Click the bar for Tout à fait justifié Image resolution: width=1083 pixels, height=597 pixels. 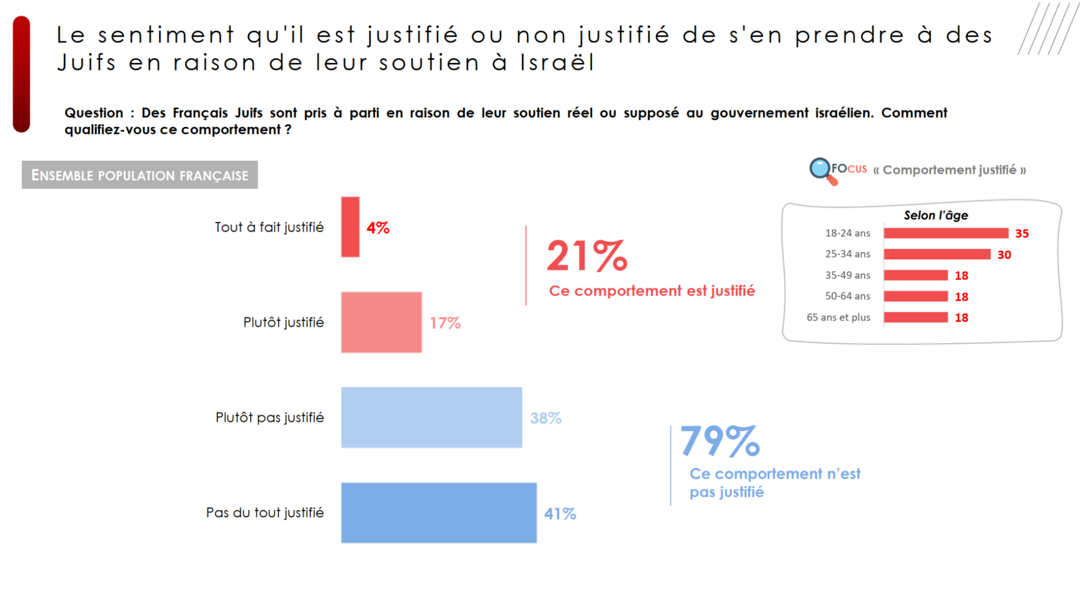coord(350,227)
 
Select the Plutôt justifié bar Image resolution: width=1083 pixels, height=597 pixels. coord(381,322)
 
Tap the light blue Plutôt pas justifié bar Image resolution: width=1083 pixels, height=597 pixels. coord(431,417)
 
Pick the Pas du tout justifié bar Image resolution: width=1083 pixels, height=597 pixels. coord(439,513)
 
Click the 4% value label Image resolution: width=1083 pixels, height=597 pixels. coord(378,228)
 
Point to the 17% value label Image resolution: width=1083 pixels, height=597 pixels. coord(445,323)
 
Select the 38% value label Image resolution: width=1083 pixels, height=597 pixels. coord(545,418)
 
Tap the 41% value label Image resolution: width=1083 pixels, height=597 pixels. coord(560,514)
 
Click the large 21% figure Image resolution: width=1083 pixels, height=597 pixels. coord(587,256)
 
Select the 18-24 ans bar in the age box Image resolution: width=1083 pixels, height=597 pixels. coord(946,233)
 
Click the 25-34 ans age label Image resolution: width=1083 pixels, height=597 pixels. coord(847,254)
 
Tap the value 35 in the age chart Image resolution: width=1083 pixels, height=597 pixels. coord(1022,234)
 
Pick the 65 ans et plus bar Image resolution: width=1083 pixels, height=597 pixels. coord(916,317)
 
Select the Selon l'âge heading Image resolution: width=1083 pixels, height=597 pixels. coord(936,215)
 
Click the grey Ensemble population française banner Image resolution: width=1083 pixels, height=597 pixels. coord(140,175)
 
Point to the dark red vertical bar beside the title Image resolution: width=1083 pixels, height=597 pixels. coord(22,74)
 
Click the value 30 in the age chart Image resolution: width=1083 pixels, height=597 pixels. coord(1004,255)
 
